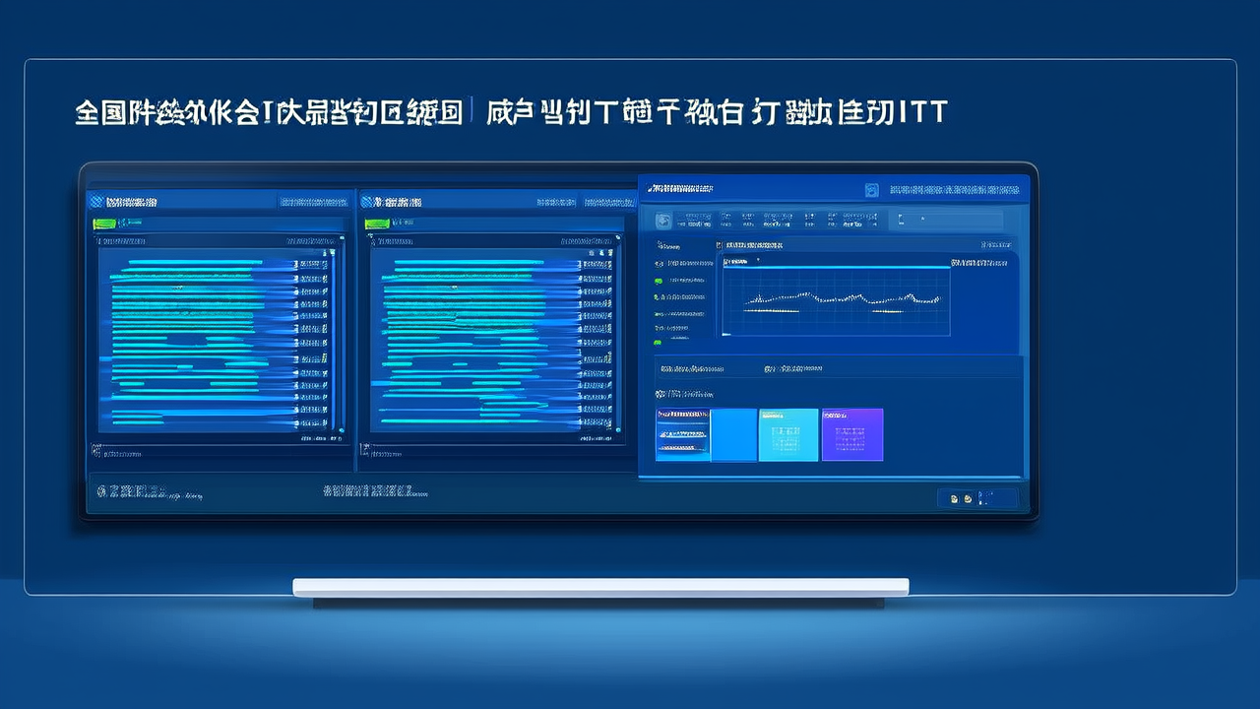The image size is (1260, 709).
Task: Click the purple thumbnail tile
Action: click(852, 434)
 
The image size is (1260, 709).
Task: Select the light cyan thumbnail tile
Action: click(788, 434)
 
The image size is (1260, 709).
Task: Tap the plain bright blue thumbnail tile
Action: click(733, 434)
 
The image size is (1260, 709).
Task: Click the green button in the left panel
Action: click(104, 224)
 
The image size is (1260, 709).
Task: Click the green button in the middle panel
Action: click(376, 224)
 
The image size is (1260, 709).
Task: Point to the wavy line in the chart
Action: click(837, 295)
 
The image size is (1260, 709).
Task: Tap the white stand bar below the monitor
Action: click(600, 587)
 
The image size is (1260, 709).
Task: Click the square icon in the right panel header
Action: click(871, 190)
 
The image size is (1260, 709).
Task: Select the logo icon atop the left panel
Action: click(96, 201)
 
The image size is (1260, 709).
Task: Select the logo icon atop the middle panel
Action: click(368, 201)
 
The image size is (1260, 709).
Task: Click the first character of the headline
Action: click(88, 111)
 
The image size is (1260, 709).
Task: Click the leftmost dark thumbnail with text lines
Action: click(682, 434)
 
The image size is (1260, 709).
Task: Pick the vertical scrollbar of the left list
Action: click(332, 335)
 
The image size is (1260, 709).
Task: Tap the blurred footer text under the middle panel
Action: click(368, 490)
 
